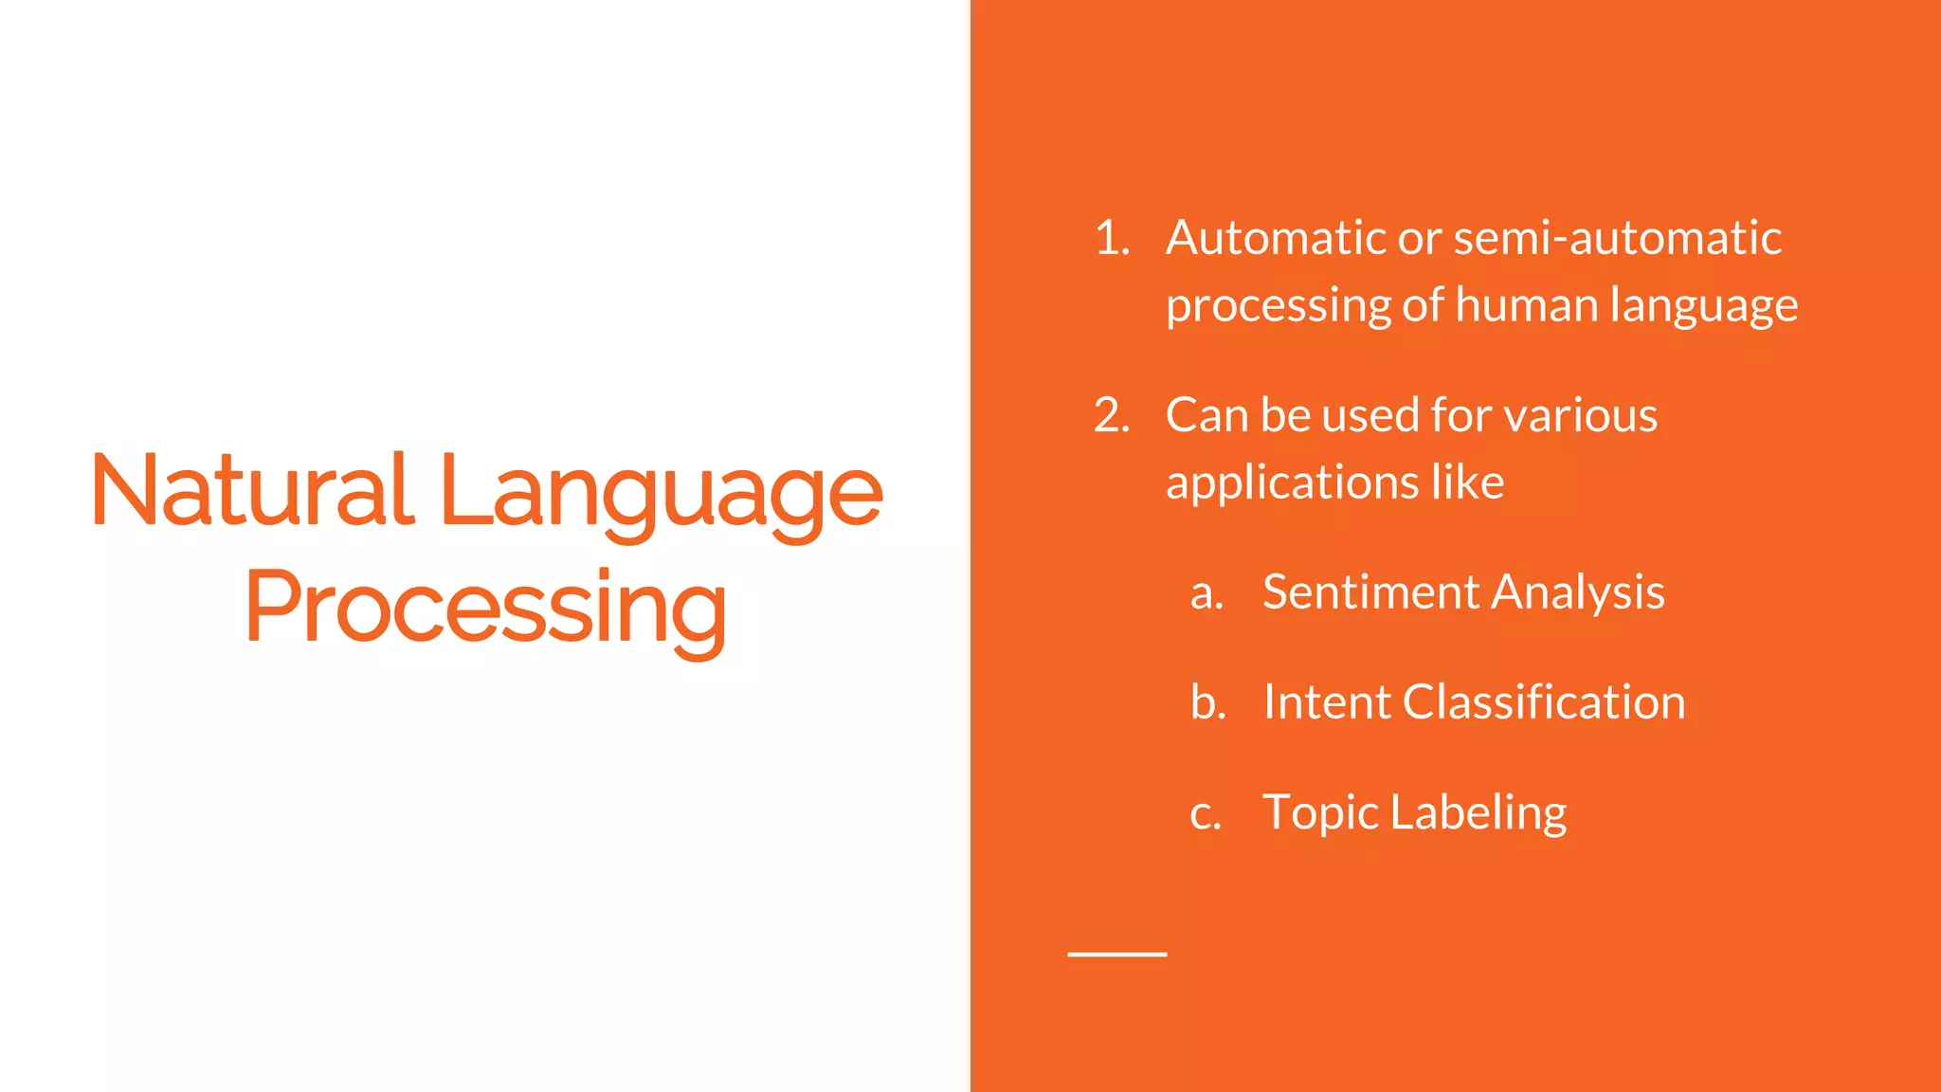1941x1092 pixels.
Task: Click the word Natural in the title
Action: pos(252,490)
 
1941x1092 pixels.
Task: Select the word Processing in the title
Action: pos(485,608)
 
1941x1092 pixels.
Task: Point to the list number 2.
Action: pos(1112,415)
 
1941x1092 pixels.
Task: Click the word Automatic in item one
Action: pos(1276,238)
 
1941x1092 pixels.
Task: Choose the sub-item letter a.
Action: pos(1206,593)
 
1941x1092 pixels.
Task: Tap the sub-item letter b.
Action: pos(1207,702)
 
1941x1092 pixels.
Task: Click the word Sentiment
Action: pos(1370,592)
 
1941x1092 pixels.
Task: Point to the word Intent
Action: pos(1326,702)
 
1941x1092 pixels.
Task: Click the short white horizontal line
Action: pos(1116,954)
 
